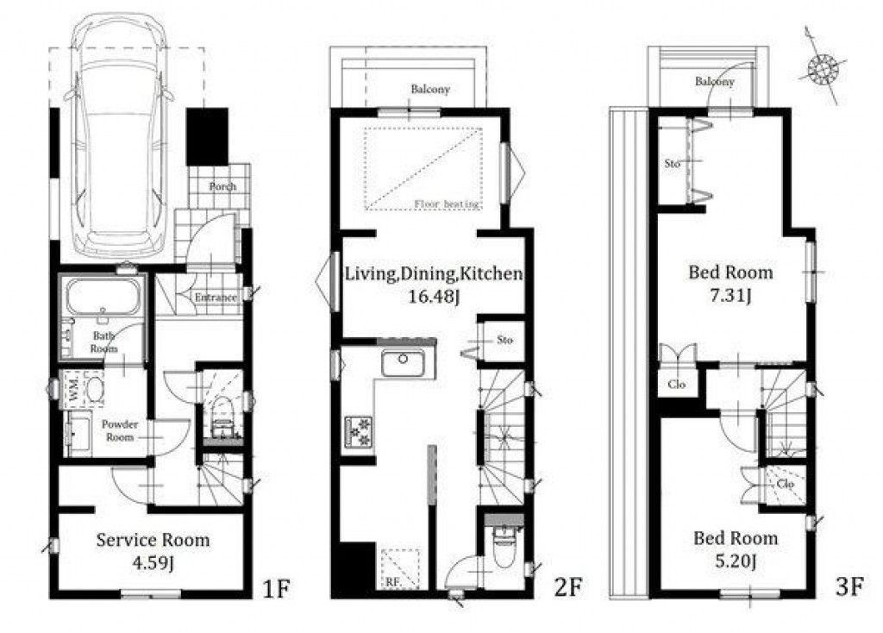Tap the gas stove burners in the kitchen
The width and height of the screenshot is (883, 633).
coord(359,429)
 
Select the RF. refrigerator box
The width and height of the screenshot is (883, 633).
coord(401,569)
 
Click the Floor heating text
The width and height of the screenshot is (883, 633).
coord(444,204)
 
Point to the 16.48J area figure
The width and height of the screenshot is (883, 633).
coord(433,296)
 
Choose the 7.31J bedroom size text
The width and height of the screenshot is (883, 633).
coord(730,296)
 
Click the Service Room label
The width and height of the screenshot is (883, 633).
coord(153,540)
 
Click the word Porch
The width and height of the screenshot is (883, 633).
coord(222,186)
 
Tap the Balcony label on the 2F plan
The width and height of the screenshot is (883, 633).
coord(430,89)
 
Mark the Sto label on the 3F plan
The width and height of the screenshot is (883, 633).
coord(672,162)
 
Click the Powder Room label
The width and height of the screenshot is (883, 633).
coord(120,430)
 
